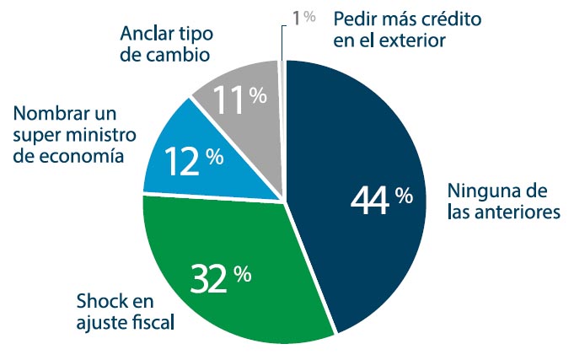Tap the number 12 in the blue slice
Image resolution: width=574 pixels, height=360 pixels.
point(183,160)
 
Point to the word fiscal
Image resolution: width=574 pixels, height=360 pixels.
point(154,323)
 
